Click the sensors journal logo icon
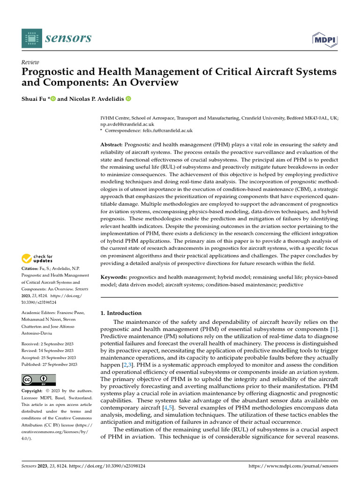point(31,38)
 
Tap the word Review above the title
point(30,62)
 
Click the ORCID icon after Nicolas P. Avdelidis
point(128,99)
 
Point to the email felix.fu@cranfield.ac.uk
point(167,131)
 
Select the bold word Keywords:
point(114,277)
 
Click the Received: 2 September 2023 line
point(47,343)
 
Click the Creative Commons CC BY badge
point(38,380)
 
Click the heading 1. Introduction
point(121,313)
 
